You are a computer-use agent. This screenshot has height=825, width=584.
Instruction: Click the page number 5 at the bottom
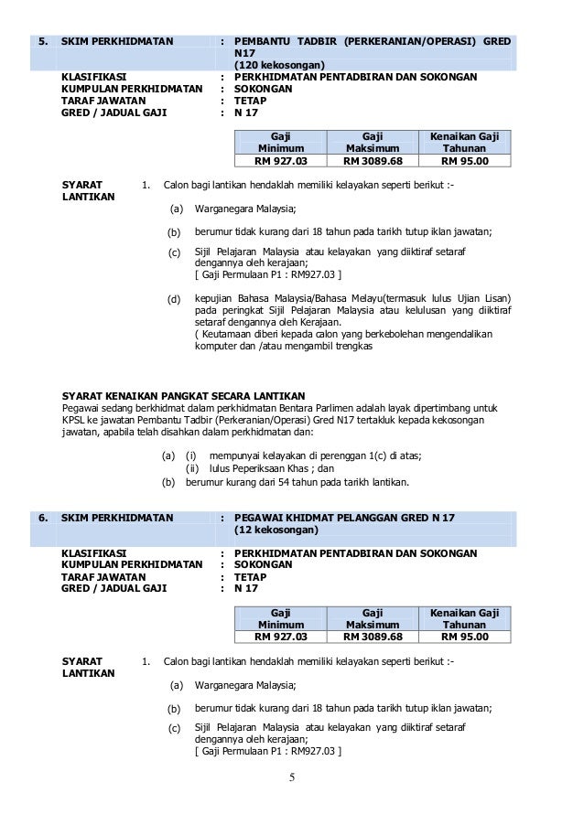coord(292,778)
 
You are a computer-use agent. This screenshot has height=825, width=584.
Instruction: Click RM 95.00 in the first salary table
coord(464,162)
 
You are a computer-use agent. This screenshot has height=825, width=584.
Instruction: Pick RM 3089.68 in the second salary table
coord(373,637)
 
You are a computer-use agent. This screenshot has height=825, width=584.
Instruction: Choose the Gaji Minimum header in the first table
coord(280,141)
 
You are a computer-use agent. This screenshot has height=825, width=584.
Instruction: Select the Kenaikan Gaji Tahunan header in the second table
coord(464,617)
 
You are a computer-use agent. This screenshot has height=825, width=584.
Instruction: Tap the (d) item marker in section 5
coord(173,300)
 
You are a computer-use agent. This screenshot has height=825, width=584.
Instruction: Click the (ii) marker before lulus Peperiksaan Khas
coord(192,468)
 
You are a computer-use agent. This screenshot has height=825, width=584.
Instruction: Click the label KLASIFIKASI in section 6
coord(93,553)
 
